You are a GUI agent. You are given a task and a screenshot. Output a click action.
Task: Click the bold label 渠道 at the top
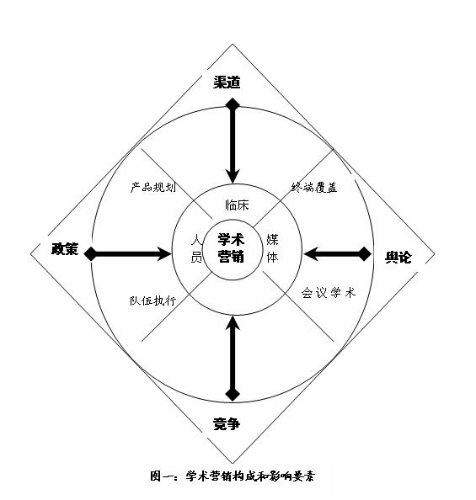(227, 82)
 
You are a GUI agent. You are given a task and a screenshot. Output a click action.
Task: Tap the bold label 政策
(65, 248)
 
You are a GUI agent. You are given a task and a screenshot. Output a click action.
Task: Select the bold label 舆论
(398, 257)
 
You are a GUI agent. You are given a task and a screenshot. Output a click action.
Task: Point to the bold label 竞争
(227, 424)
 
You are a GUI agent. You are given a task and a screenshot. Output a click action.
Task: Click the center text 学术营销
(231, 247)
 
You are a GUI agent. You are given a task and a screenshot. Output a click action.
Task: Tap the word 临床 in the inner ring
(237, 205)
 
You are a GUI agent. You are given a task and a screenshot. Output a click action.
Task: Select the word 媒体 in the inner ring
(272, 248)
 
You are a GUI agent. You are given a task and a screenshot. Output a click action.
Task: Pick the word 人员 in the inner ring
(196, 248)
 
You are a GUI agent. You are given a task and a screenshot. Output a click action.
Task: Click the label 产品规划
(153, 187)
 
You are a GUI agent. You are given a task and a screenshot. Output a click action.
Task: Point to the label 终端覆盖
(314, 187)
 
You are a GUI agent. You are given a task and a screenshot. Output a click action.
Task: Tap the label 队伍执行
(153, 301)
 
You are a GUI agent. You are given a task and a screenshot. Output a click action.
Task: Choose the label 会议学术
(329, 292)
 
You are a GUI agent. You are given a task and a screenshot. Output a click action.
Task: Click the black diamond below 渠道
(233, 104)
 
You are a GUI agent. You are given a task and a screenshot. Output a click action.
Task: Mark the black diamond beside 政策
(91, 254)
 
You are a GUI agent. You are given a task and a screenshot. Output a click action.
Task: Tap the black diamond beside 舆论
(364, 254)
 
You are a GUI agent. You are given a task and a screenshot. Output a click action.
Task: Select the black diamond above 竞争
(233, 394)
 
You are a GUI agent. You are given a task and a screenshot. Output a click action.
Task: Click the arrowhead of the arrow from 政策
(165, 254)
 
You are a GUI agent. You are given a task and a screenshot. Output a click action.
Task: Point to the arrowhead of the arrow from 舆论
(311, 254)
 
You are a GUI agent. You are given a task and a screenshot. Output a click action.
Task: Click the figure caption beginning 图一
(233, 476)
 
